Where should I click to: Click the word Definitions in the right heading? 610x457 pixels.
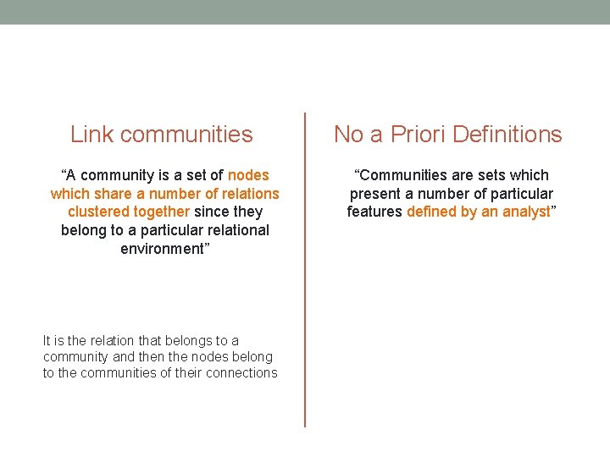[x=507, y=135]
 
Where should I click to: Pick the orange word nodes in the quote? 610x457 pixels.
[x=248, y=175]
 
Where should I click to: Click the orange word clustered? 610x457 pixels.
[x=97, y=212]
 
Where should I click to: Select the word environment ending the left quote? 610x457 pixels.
[x=163, y=249]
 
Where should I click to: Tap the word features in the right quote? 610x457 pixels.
[x=374, y=212]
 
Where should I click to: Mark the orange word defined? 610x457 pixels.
[x=431, y=212]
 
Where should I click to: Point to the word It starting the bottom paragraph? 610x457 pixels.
[x=47, y=340]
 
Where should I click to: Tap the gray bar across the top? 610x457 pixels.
[x=305, y=12]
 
